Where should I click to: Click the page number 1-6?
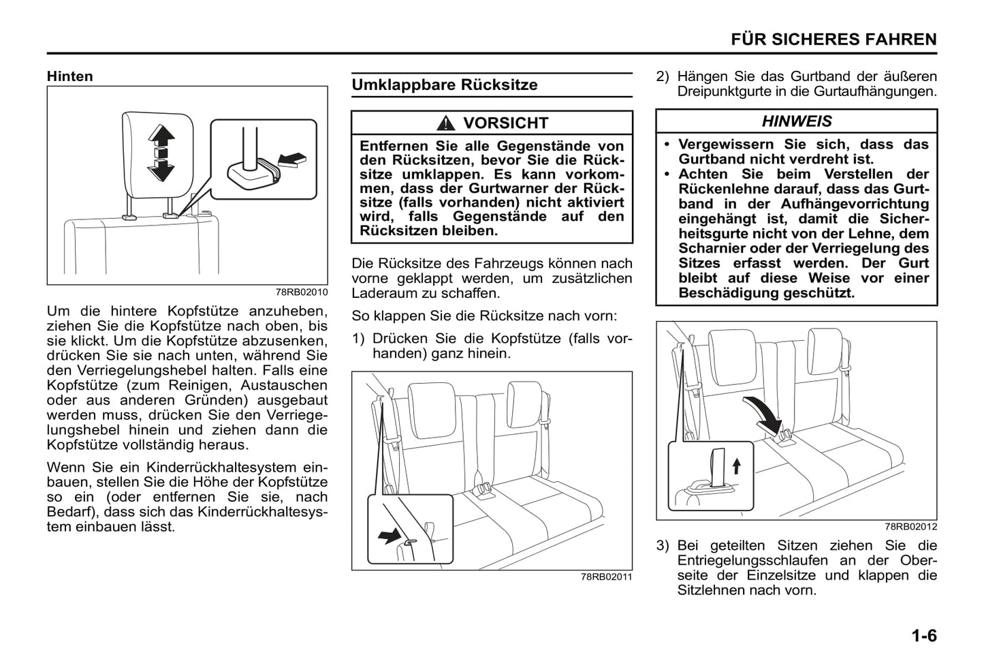pyautogui.click(x=924, y=636)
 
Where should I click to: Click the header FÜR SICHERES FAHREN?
pyautogui.click(x=834, y=40)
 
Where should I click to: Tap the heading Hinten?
pyautogui.click(x=69, y=76)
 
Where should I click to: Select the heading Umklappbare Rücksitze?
pyautogui.click(x=444, y=85)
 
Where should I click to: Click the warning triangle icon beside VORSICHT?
pyautogui.click(x=446, y=123)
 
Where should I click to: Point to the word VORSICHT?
pyautogui.click(x=505, y=123)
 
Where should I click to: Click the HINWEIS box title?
pyautogui.click(x=796, y=121)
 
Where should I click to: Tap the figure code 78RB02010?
pyautogui.click(x=302, y=292)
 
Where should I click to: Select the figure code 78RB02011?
pyautogui.click(x=606, y=577)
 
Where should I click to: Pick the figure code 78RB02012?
pyautogui.click(x=910, y=527)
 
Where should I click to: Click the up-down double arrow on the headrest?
pyautogui.click(x=161, y=153)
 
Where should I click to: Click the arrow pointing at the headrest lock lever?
pyautogui.click(x=293, y=159)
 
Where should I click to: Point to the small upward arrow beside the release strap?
pyautogui.click(x=735, y=466)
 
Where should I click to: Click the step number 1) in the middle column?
pyautogui.click(x=359, y=339)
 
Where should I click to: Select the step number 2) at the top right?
pyautogui.click(x=663, y=76)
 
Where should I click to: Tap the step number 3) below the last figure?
pyautogui.click(x=663, y=546)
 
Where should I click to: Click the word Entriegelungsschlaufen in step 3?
pyautogui.click(x=752, y=561)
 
